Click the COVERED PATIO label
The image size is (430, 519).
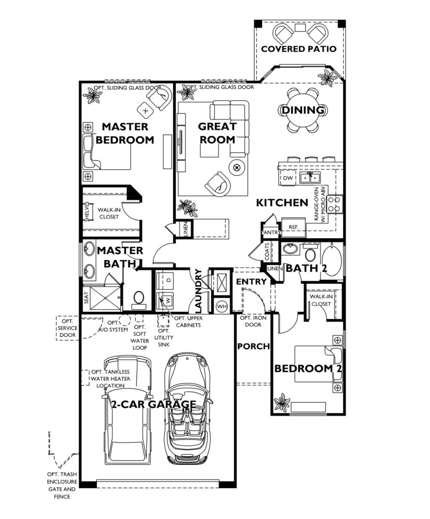point(298,49)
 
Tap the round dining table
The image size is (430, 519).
point(303,110)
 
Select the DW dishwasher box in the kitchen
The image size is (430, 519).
point(288,177)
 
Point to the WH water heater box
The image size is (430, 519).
point(222,306)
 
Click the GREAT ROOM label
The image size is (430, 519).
point(217,133)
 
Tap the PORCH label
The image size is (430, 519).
point(253,346)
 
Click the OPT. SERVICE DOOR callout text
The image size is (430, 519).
point(67,328)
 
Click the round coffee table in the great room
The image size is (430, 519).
point(237,166)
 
